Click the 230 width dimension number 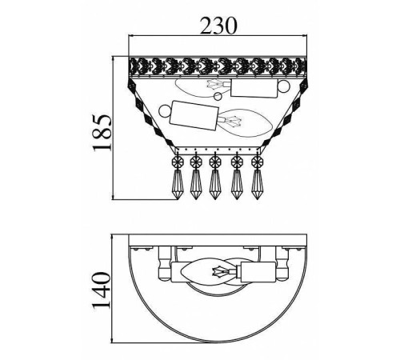coord(218,26)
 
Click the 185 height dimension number coord(102,133)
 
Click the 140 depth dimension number coord(102,290)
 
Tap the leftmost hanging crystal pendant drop coord(177,184)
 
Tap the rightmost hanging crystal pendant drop coord(257,184)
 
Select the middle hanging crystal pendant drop coord(214,184)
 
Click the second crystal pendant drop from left coord(195,184)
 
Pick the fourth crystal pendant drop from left coord(236,184)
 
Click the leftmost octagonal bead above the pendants coord(177,161)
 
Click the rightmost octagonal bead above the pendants coord(257,161)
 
